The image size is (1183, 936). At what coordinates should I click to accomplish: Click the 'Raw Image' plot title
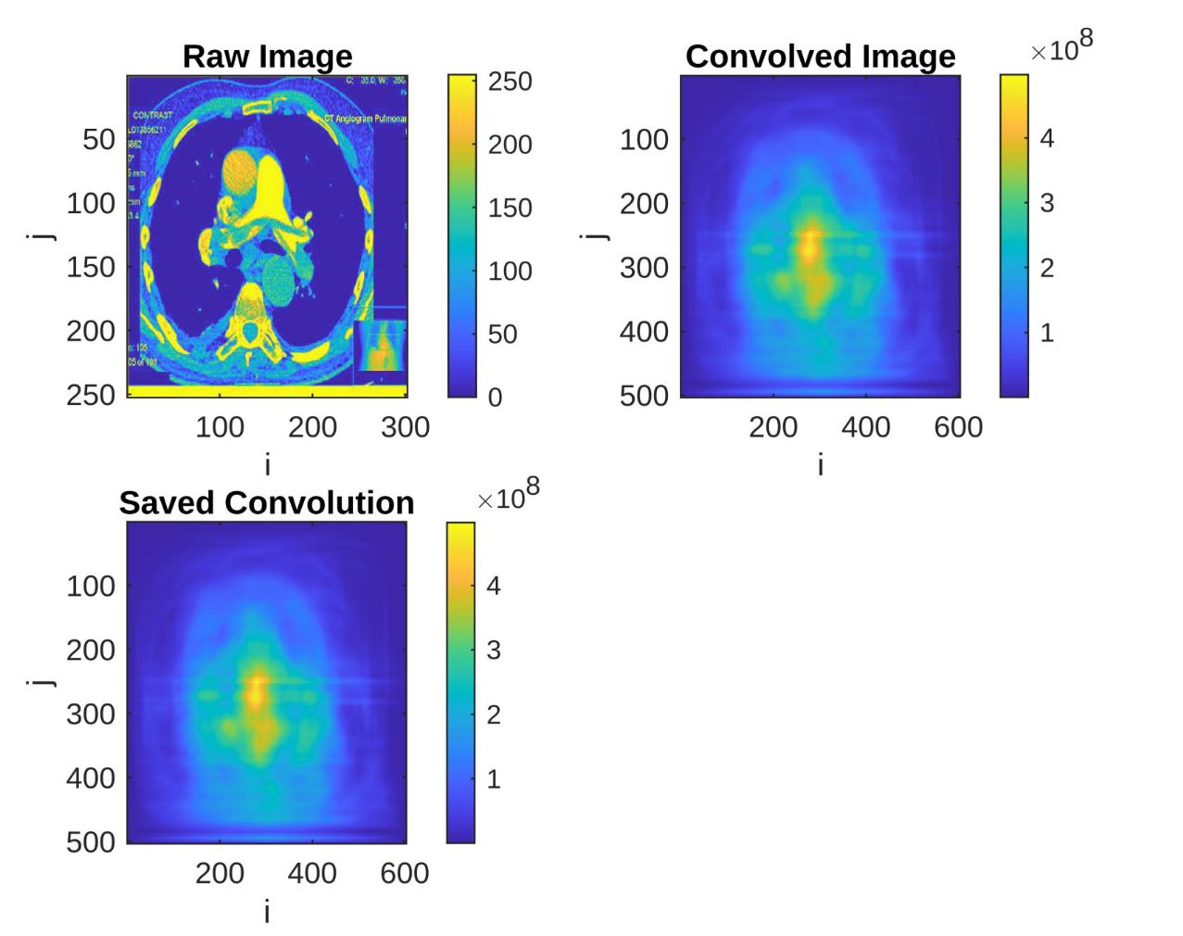coord(267,57)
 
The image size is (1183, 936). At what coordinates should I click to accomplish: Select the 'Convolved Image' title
coord(820,57)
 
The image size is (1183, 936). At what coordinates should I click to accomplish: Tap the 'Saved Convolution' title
coord(267,503)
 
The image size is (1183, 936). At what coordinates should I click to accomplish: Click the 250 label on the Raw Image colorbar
coord(510,82)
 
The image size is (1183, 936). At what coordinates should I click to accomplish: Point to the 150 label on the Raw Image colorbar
coord(510,208)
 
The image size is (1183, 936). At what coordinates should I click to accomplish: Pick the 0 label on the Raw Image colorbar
coord(495,398)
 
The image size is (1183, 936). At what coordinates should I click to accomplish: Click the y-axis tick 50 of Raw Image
coord(98,140)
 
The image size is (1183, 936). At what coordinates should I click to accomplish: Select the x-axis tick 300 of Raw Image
coord(405,427)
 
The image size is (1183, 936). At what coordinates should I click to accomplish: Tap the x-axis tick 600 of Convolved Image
coord(958,427)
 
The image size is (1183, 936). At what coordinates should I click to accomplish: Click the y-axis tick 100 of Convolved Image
coord(644,140)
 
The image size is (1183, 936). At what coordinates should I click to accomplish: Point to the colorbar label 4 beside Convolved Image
coord(1047,139)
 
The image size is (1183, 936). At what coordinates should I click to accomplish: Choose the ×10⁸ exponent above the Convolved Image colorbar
coord(1062,47)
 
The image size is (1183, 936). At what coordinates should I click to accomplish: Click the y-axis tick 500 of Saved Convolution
coord(91,842)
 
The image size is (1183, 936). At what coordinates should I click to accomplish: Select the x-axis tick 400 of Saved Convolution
coord(312,874)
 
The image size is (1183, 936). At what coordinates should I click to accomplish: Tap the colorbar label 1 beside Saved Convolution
coord(494,779)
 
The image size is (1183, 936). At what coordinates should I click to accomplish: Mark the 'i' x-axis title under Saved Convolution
coord(267,912)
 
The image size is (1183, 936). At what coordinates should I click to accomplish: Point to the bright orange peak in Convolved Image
coord(811,245)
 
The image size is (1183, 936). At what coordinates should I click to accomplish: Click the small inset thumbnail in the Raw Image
coord(381,346)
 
